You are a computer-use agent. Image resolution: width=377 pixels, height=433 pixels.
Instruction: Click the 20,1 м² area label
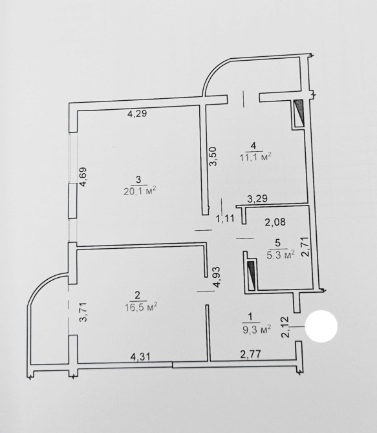coord(140,191)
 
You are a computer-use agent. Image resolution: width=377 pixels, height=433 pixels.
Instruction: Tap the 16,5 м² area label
coord(141,307)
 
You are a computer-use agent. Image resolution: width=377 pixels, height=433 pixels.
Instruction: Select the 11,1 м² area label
coord(255,156)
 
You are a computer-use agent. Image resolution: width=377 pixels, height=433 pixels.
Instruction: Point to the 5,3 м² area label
coord(280,255)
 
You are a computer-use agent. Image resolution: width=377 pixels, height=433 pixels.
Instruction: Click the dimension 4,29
coord(137,113)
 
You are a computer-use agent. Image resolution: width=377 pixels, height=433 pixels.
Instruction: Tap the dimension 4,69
coord(83,177)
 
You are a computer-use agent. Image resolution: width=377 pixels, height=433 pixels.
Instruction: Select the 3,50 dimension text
coord(214,156)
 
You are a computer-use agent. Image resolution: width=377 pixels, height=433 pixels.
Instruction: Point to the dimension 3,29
coord(257,199)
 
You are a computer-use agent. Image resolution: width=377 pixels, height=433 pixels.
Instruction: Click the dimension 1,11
coord(225,218)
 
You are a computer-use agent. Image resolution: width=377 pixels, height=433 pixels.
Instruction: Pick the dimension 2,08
coord(275,222)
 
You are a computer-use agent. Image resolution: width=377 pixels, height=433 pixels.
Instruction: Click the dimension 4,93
coord(217,277)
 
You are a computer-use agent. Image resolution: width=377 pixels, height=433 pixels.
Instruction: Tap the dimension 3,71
coord(83,312)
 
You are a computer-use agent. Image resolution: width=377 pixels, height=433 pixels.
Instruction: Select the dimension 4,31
coord(140,357)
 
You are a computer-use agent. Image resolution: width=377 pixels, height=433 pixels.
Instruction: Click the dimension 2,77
coord(251,354)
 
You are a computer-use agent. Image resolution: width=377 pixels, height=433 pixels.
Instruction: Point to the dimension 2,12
coord(285,327)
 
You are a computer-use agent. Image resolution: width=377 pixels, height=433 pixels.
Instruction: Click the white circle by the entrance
coord(321,326)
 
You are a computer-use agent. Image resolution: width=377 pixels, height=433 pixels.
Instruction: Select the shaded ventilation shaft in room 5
coord(252,275)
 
